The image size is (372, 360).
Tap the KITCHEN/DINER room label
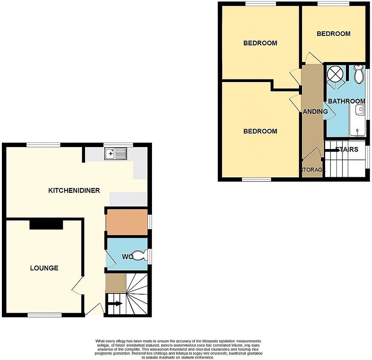coord(74,190)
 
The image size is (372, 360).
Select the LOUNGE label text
coord(44,268)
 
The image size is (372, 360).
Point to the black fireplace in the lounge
coord(46,225)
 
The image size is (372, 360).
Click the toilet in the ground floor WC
coord(140,256)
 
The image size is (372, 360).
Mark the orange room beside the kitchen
coord(127,222)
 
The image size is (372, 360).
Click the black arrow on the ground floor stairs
coord(116,303)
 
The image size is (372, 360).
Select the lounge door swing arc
coord(77,287)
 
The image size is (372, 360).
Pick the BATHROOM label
coord(346,101)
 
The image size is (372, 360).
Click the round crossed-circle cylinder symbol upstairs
coord(334,73)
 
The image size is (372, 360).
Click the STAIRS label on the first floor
coord(346,149)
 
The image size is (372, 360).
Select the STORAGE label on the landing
coord(313,170)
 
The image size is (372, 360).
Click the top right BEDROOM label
coord(333,34)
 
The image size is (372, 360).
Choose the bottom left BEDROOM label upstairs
coord(260,131)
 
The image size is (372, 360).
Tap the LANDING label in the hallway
coord(315,112)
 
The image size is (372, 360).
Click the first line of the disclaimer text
coord(178,341)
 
